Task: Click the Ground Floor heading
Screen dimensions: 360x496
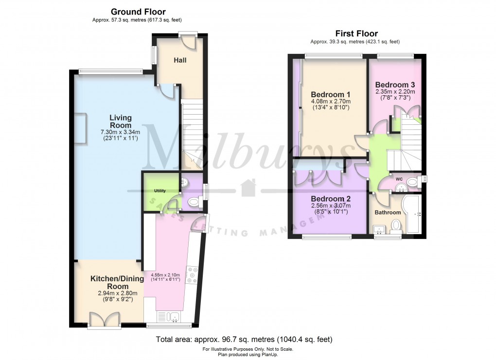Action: [138, 12]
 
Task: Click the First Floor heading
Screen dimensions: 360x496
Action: [356, 34]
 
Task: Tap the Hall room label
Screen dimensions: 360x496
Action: [180, 60]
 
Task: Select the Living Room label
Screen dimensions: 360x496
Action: [120, 121]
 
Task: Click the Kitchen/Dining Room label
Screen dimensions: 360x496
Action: [117, 282]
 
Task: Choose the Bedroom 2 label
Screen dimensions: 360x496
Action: [331, 199]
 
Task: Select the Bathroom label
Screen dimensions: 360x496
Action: [388, 212]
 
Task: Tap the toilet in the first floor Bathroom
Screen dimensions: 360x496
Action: [396, 225]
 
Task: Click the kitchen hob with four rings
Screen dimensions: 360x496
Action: [192, 275]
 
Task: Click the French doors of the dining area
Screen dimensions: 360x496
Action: [105, 320]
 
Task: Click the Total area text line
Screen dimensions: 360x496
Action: [244, 339]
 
